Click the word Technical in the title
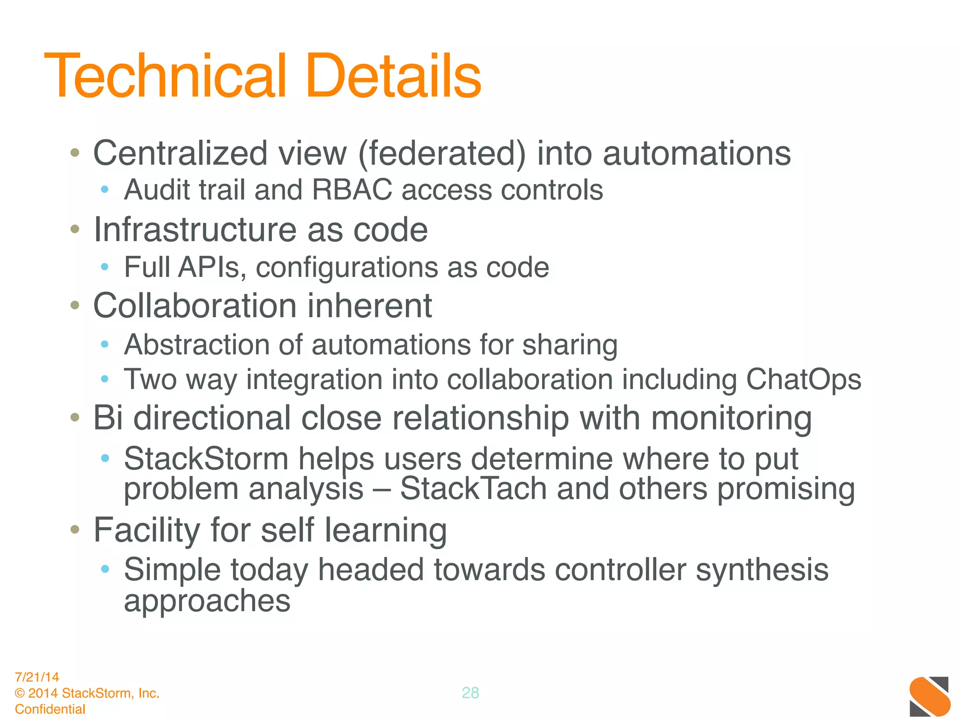(164, 76)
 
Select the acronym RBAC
(351, 190)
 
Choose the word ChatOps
(803, 379)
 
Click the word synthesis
(762, 570)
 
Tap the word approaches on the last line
(207, 602)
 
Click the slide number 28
(470, 693)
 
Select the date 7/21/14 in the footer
(37, 677)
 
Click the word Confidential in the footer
(50, 709)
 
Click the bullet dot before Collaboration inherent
(75, 306)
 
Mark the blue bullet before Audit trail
(105, 190)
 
